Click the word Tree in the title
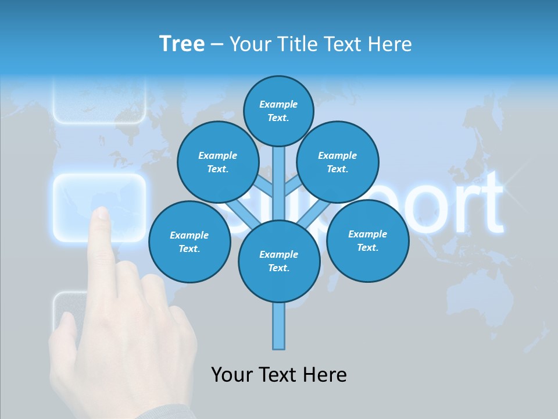point(182,44)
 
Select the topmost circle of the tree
point(278,111)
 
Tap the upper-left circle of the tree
point(217,162)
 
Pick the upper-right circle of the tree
point(337,162)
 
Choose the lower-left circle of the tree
point(189,242)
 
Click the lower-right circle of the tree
point(367,240)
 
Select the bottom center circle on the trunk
point(278,261)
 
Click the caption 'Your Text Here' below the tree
point(278,375)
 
